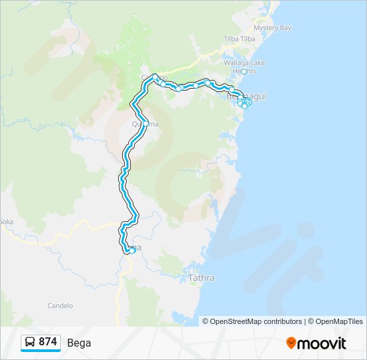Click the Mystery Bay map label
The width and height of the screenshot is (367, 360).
point(273,28)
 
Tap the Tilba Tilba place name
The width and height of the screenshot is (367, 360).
point(240,39)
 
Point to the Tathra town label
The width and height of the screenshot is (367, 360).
point(201,278)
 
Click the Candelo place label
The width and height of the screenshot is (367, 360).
point(60,306)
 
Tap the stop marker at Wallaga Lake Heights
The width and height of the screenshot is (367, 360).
point(244,72)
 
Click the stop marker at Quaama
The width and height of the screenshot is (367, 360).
point(146,123)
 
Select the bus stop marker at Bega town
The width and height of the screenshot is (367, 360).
point(131,251)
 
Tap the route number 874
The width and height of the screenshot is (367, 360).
point(47,342)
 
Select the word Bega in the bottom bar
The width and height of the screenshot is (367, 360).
point(79,343)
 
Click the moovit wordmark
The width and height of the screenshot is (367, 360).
point(322,343)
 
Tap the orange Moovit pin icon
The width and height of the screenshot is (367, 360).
point(292,343)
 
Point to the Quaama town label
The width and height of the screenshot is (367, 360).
point(145,124)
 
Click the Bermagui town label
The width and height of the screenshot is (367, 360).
point(247,97)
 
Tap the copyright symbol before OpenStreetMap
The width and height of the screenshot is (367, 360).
point(206,321)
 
